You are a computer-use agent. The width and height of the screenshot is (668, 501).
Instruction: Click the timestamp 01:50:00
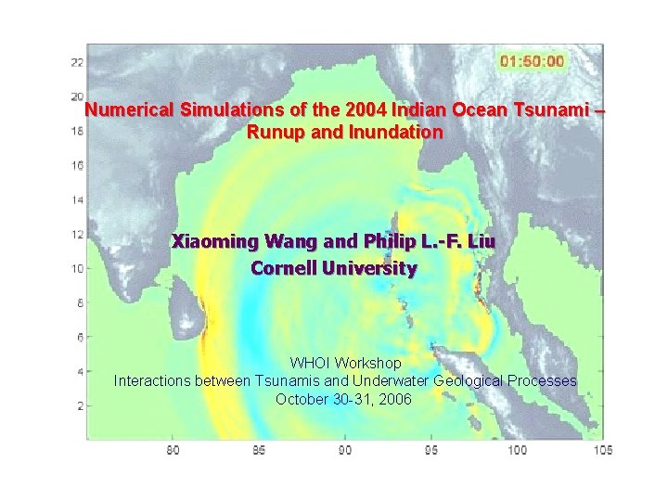coord(532,61)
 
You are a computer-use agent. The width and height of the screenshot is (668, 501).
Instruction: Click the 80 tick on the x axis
coord(173,450)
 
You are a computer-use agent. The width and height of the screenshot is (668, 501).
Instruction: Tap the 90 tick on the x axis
coord(344,450)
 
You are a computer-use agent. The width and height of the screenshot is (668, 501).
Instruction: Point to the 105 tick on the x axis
coord(603,450)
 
